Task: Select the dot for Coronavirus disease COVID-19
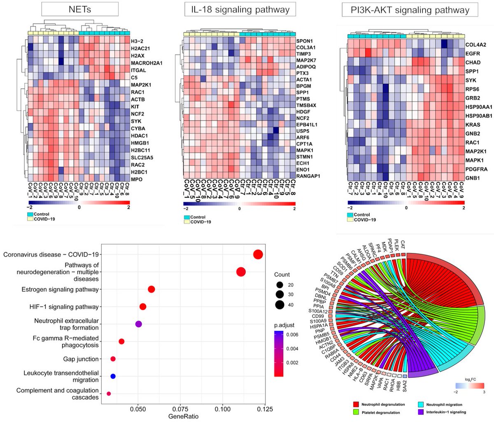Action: pyautogui.click(x=258, y=255)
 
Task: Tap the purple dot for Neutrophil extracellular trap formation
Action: pyautogui.click(x=139, y=324)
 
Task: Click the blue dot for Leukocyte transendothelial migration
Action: pyautogui.click(x=113, y=376)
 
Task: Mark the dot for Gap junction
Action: pyautogui.click(x=113, y=359)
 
